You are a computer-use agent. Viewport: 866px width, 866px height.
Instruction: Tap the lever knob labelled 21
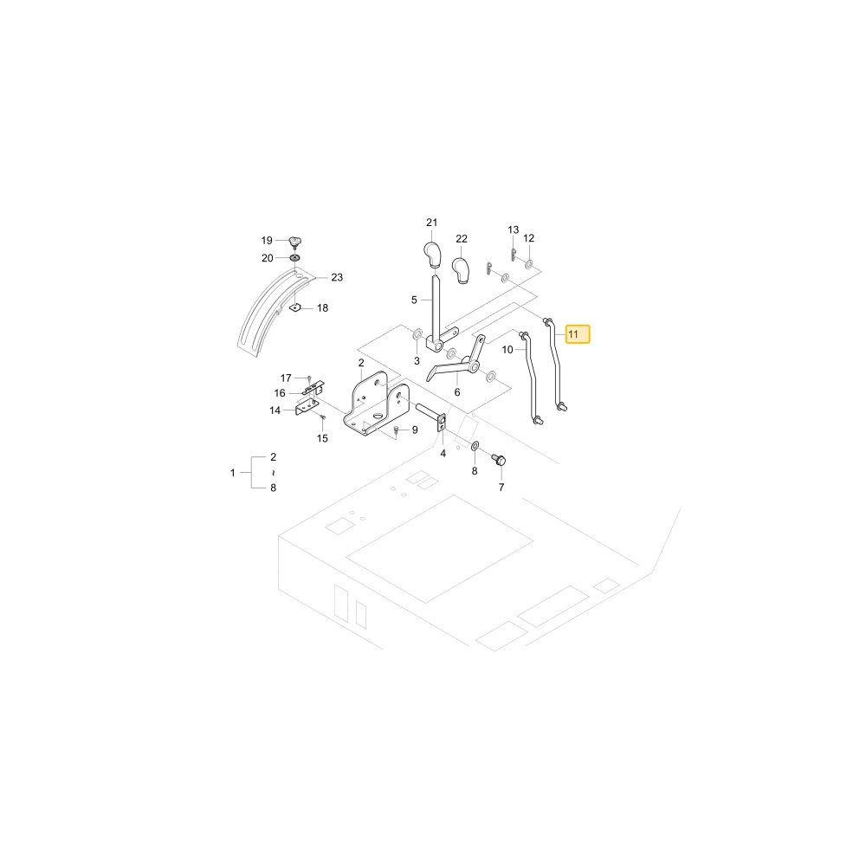tap(432, 255)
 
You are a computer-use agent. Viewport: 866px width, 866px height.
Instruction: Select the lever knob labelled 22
tap(461, 270)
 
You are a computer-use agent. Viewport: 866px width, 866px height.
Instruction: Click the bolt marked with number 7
tap(500, 460)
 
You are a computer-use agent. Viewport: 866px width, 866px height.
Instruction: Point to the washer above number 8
tap(475, 446)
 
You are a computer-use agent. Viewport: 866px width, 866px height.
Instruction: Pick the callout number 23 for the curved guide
tap(337, 277)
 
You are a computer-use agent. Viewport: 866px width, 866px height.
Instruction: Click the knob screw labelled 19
tap(295, 242)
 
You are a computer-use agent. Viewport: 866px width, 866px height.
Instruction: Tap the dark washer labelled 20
tap(295, 258)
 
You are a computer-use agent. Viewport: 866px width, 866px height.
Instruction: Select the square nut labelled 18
tap(295, 307)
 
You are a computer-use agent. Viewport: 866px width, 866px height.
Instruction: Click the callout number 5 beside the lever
tap(414, 300)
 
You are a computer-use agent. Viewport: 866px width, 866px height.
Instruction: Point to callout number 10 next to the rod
tap(507, 350)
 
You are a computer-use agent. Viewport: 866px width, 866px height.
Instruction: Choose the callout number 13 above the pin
tap(514, 229)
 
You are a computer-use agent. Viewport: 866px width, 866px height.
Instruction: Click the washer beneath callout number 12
tap(528, 264)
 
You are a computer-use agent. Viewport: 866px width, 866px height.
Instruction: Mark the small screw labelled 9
tap(396, 430)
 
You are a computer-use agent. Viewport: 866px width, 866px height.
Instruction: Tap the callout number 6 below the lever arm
tap(457, 392)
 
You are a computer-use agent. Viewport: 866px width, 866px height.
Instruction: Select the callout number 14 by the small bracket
tap(275, 410)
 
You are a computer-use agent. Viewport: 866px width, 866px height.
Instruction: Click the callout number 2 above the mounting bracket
tap(361, 363)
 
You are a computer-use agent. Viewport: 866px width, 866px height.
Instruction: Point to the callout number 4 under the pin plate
tap(443, 454)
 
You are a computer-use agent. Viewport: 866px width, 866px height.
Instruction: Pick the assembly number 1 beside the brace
tap(232, 473)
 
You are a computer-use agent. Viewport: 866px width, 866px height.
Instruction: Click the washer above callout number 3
tap(417, 334)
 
